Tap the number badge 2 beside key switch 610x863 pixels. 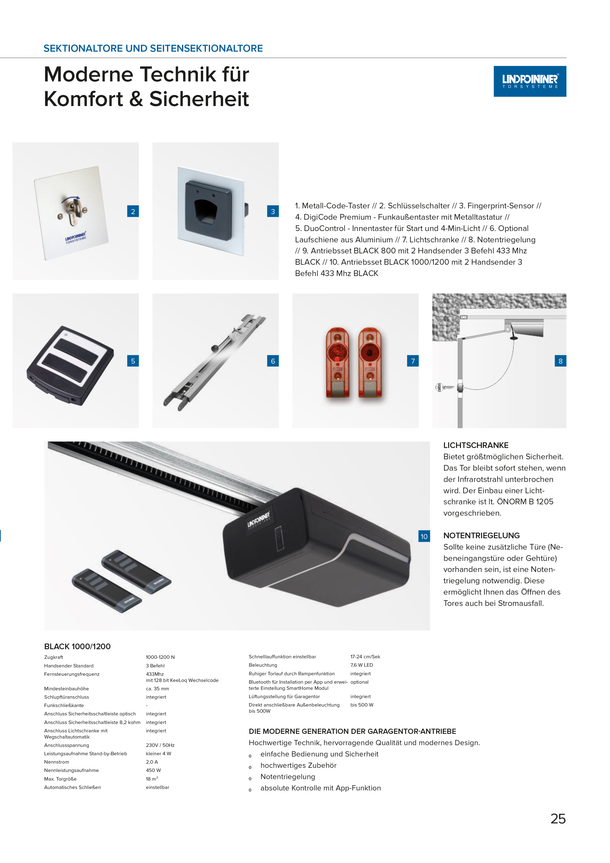tap(133, 211)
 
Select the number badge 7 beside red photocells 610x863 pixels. tap(413, 361)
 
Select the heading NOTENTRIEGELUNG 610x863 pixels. tap(481, 536)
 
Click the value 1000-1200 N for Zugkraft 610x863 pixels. tap(160, 657)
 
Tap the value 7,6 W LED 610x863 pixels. tap(362, 665)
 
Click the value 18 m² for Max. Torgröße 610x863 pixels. tap(152, 779)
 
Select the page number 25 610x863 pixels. tap(558, 819)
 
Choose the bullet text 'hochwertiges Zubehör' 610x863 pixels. tap(298, 765)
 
